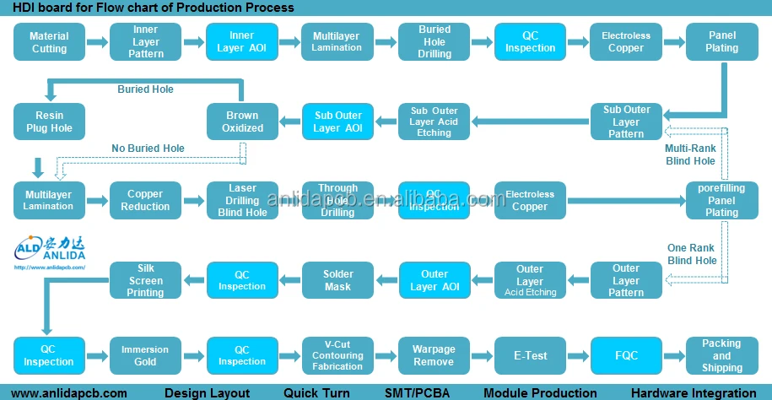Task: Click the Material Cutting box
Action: pyautogui.click(x=49, y=42)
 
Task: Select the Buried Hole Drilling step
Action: pyautogui.click(x=434, y=42)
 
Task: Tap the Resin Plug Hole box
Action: pyautogui.click(x=49, y=122)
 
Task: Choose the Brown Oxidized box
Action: pyautogui.click(x=242, y=122)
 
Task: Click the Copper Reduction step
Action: pyautogui.click(x=145, y=201)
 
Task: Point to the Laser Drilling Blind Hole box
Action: pyautogui.click(x=242, y=201)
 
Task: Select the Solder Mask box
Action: pyautogui.click(x=337, y=280)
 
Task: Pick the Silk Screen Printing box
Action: pyautogui.click(x=145, y=280)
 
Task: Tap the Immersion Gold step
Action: pyautogui.click(x=145, y=355)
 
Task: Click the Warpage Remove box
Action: pyautogui.click(x=434, y=355)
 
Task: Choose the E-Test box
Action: pyautogui.click(x=530, y=355)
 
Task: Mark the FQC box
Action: pyautogui.click(x=626, y=355)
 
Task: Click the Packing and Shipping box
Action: pyautogui.click(x=722, y=355)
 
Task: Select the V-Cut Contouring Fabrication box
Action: pyautogui.click(x=337, y=355)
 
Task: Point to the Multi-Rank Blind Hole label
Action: pyautogui.click(x=690, y=154)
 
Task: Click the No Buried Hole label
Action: pyautogui.click(x=148, y=149)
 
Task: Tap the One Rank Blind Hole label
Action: pyautogui.click(x=692, y=254)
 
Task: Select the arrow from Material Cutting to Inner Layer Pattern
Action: pyautogui.click(x=97, y=42)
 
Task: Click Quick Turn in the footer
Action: pyautogui.click(x=312, y=392)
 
